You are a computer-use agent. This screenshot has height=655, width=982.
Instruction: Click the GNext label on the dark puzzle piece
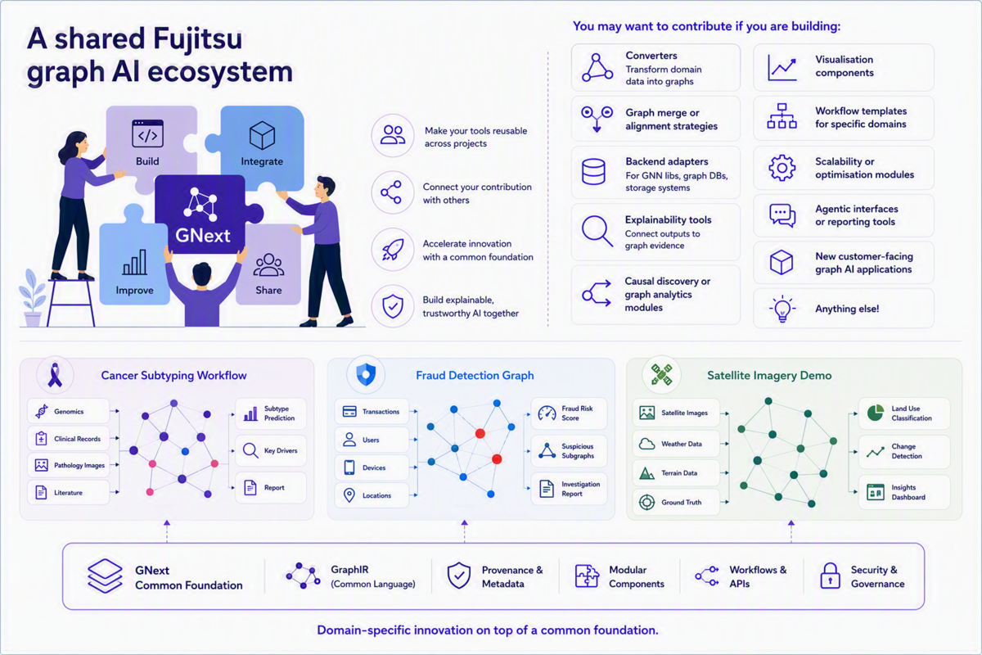[x=203, y=236]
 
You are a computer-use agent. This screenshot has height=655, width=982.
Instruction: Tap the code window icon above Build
[x=148, y=133]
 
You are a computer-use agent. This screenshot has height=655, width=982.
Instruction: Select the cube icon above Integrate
[x=262, y=135]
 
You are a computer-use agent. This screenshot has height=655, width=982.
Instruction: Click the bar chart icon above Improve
[x=134, y=262]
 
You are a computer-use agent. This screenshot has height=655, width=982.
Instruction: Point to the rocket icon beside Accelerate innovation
[x=392, y=250]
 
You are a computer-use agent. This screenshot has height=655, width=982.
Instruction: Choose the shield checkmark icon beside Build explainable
[x=393, y=305]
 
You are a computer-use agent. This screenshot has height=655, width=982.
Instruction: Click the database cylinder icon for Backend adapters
[x=593, y=172]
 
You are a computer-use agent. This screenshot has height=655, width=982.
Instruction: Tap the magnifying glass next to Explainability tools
[x=597, y=231]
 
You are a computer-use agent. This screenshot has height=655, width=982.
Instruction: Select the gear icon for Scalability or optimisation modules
[x=782, y=168]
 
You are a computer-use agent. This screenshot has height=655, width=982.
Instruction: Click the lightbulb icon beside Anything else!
[x=782, y=309]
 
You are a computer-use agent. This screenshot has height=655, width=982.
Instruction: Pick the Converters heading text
[x=651, y=56]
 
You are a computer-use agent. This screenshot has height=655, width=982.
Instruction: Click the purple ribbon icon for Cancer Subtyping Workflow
[x=55, y=375]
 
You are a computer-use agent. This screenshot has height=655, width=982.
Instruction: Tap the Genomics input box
[x=69, y=412]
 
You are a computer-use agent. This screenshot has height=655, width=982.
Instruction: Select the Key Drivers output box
[x=271, y=450]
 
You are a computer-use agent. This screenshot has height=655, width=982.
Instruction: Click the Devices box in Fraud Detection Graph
[x=372, y=468]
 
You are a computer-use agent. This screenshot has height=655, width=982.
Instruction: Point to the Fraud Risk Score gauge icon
[x=547, y=413]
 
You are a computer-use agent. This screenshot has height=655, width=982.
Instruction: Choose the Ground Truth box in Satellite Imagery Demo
[x=676, y=503]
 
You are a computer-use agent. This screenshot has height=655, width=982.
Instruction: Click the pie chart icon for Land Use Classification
[x=876, y=413]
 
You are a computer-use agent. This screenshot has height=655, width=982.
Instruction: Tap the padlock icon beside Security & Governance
[x=830, y=576]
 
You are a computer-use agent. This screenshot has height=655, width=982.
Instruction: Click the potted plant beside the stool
[x=32, y=298]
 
